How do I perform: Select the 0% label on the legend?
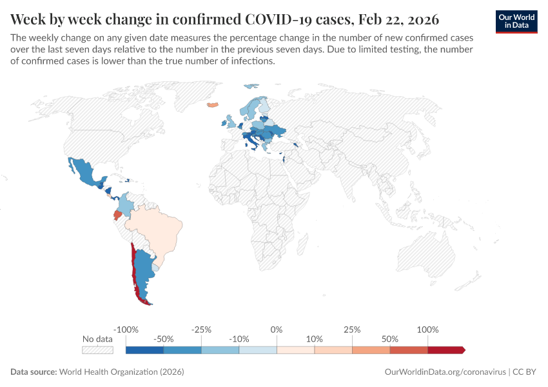coord(277,330)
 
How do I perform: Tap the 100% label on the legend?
coord(428,330)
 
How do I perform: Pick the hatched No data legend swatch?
coord(97,350)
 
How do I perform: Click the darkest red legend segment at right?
coord(445,350)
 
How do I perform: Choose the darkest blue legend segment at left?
coord(144,350)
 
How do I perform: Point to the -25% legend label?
coord(201,330)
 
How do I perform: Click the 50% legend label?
coord(390,339)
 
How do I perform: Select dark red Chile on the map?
coord(133,271)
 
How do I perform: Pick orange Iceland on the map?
coord(211,104)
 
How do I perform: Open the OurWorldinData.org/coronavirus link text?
coord(444,372)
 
